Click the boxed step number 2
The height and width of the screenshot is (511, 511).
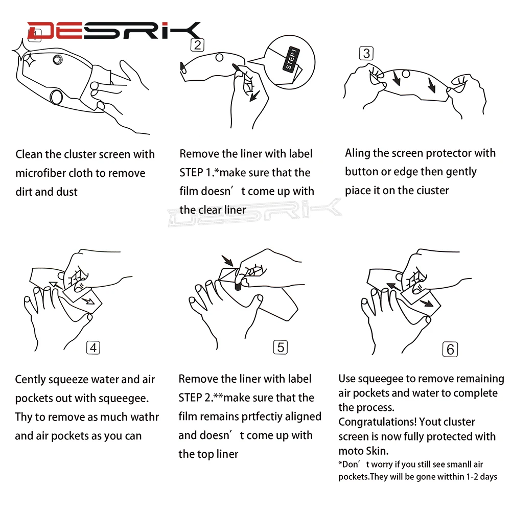pyautogui.click(x=197, y=45)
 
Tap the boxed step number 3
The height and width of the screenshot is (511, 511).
pyautogui.click(x=366, y=53)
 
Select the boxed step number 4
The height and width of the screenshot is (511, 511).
pyautogui.click(x=93, y=347)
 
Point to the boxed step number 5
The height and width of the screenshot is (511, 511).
pyautogui.click(x=280, y=347)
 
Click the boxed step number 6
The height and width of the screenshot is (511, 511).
pyautogui.click(x=450, y=350)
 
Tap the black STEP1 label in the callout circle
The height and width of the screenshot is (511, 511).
pyautogui.click(x=291, y=59)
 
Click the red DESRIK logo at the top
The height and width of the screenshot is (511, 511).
pyautogui.click(x=113, y=30)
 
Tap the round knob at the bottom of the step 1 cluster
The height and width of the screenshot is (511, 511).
pyautogui.click(x=56, y=97)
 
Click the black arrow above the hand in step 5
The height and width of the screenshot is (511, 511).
pyautogui.click(x=227, y=261)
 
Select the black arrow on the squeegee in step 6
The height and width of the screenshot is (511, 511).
pyautogui.click(x=426, y=304)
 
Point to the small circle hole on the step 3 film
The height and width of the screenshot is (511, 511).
pyautogui.click(x=406, y=74)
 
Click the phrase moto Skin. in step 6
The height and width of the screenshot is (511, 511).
pyautogui.click(x=364, y=451)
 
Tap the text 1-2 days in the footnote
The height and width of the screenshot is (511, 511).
pyautogui.click(x=482, y=477)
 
